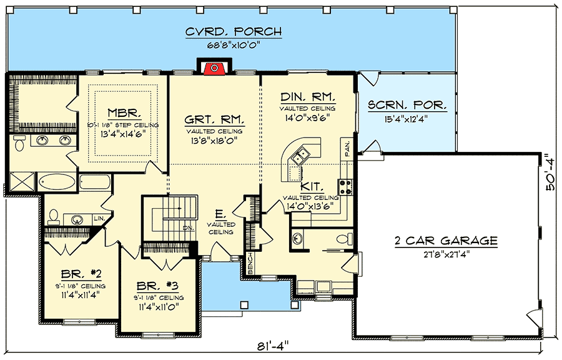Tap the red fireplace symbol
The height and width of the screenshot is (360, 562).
(214, 68)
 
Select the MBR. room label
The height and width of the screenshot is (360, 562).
(122, 114)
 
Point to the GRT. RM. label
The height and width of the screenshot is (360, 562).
(214, 119)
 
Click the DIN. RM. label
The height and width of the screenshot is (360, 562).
(308, 97)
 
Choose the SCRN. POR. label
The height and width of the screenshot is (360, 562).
(407, 106)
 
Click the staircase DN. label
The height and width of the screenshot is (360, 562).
(188, 228)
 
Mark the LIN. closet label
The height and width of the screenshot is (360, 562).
(98, 218)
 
